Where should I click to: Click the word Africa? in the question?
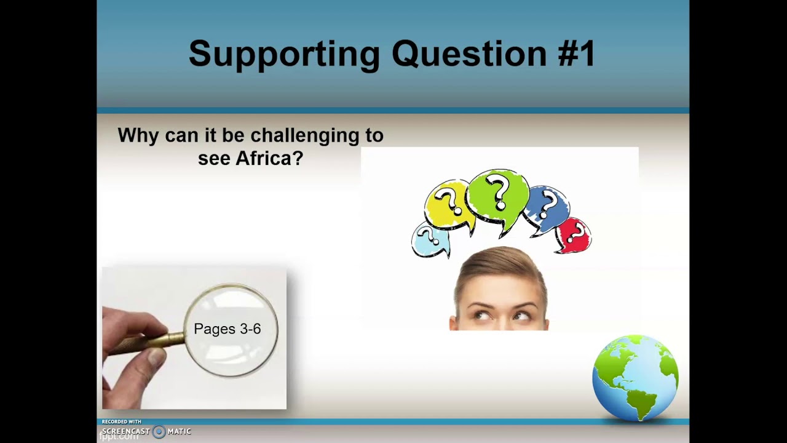coord(269,158)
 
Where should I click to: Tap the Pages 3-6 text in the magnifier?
coord(227,329)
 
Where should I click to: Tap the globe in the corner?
coord(635,377)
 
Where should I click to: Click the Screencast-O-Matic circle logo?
coord(159,431)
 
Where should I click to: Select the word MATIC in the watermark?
coord(180,431)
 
